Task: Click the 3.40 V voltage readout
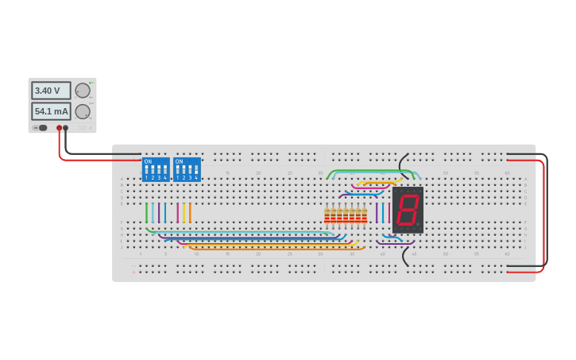point(50,91)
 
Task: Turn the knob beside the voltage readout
point(83,91)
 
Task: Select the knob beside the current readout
point(83,111)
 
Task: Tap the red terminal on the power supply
point(59,127)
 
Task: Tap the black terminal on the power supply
point(66,127)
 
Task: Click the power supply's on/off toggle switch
point(41,127)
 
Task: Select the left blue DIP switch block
point(156,169)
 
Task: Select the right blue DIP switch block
point(187,169)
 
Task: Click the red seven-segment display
point(408,209)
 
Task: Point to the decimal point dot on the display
point(419,225)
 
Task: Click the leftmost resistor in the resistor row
point(327,215)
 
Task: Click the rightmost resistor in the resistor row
point(365,215)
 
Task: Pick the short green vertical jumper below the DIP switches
point(146,213)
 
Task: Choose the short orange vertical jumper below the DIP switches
point(190,213)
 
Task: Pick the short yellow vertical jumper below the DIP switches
point(184,213)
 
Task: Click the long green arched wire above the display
point(373,170)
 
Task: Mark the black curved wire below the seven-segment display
point(404,256)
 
